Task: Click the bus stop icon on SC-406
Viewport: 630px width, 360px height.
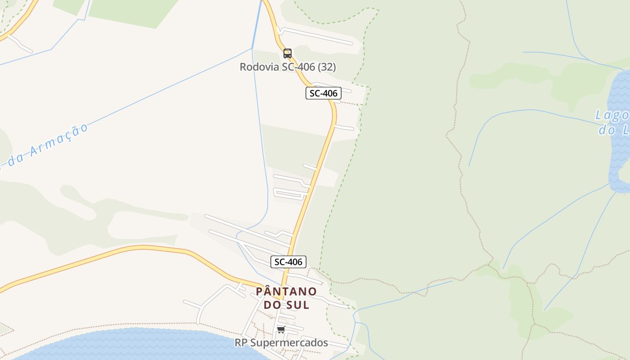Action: click(288, 54)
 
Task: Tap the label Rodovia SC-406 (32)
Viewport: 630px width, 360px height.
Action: click(288, 67)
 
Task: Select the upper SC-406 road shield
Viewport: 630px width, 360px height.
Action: click(323, 93)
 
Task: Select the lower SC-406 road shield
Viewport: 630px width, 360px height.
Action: click(288, 261)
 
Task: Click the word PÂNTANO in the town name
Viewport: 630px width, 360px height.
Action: click(286, 292)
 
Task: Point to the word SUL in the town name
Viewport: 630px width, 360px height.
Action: click(297, 305)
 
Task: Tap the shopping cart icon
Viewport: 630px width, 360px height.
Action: click(281, 330)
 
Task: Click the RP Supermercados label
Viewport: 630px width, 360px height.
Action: click(281, 343)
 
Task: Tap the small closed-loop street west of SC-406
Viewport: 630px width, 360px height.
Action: click(288, 194)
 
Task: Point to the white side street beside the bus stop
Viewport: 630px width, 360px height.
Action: click(315, 36)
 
